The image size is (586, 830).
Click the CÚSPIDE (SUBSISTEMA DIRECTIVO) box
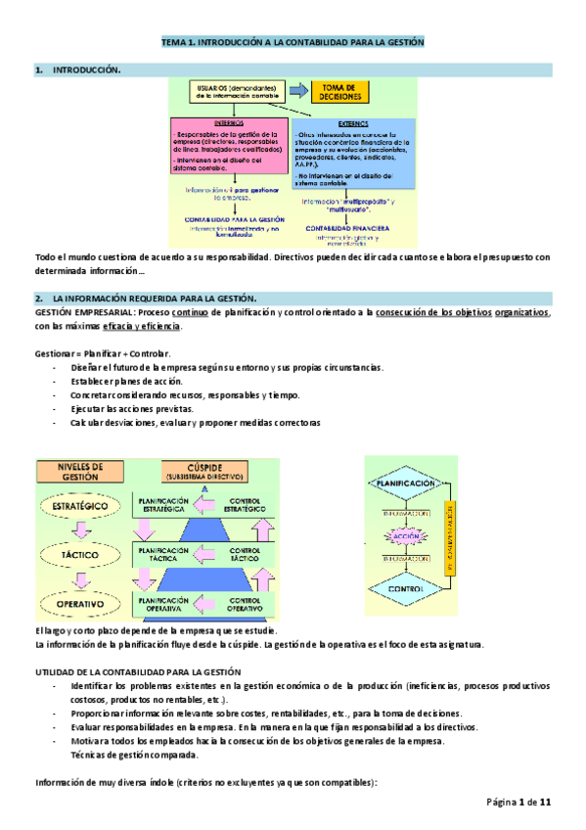tap(204, 472)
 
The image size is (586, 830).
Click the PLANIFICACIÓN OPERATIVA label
tap(163, 604)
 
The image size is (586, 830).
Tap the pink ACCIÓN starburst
tap(406, 537)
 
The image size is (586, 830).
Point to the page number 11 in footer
tap(546, 803)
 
